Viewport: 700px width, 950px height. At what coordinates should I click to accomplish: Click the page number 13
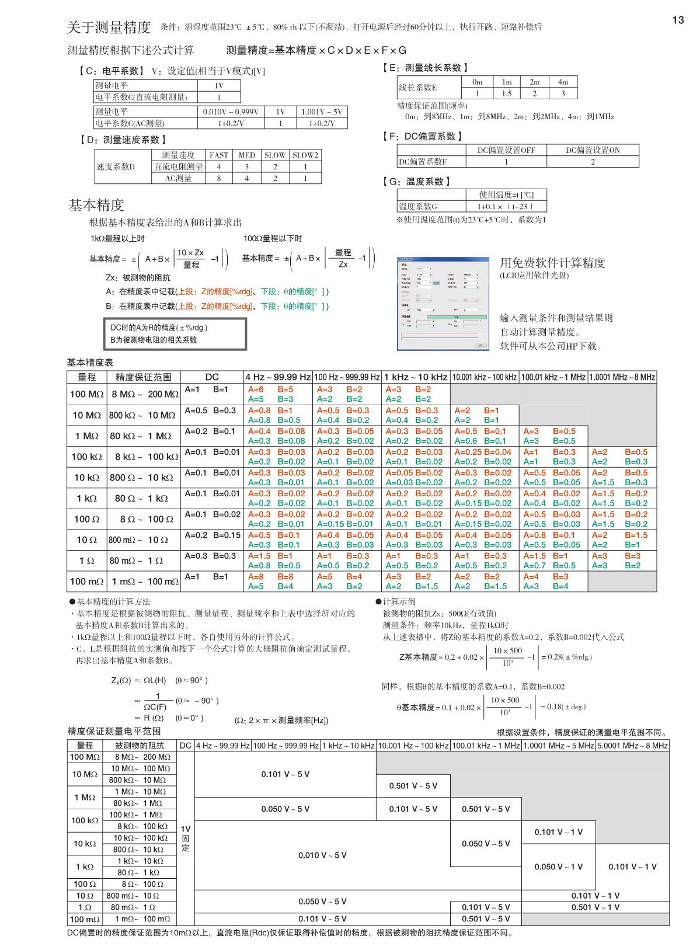678,20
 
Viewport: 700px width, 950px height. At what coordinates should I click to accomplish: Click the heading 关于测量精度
109,27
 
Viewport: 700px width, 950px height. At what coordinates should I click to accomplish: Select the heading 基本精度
96,205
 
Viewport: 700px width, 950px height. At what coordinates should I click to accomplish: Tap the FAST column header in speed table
219,155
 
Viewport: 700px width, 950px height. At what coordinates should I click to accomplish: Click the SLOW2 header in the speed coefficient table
305,155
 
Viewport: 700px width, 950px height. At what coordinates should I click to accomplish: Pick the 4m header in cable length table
563,82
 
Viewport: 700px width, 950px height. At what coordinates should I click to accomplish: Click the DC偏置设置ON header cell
593,150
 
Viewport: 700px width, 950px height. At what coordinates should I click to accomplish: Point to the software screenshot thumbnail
442,303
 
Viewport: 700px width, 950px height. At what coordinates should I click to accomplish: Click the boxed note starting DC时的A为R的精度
175,333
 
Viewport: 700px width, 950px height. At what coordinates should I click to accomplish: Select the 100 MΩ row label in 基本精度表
86,394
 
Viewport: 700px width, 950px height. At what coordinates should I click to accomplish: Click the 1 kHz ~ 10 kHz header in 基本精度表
416,377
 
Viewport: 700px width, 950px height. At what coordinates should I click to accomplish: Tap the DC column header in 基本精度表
212,377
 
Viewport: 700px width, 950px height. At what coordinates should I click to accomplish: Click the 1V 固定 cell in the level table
185,838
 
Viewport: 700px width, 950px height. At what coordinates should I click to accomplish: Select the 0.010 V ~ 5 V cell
322,855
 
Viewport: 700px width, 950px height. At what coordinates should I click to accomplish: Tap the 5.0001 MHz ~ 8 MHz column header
632,746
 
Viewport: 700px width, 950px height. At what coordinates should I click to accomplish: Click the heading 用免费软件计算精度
552,263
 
